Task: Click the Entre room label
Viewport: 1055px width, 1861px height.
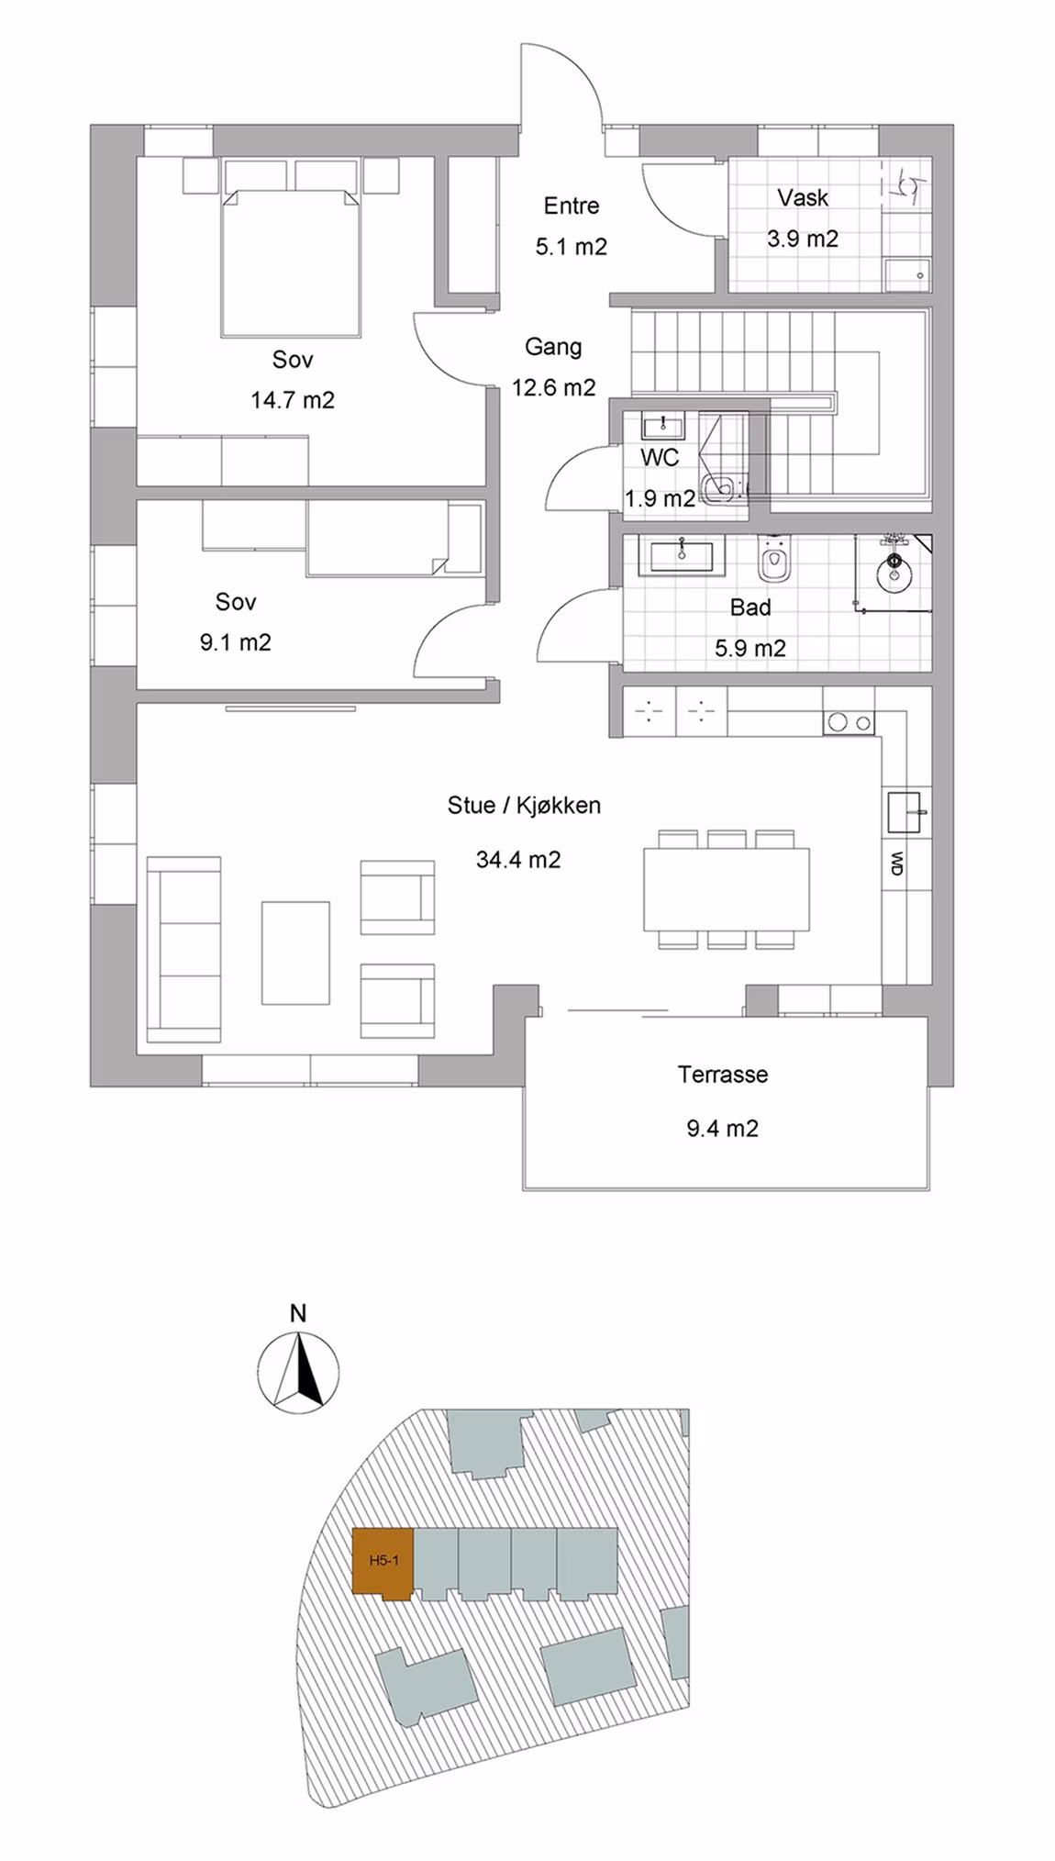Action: pyautogui.click(x=571, y=206)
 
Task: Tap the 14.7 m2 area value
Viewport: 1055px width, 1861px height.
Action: pyautogui.click(x=293, y=400)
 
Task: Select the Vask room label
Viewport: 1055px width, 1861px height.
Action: pyautogui.click(x=803, y=197)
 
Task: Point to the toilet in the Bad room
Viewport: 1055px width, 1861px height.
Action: pyautogui.click(x=775, y=559)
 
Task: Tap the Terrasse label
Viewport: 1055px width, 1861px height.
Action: pyautogui.click(x=723, y=1075)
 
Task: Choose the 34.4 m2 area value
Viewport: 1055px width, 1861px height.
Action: pyautogui.click(x=518, y=860)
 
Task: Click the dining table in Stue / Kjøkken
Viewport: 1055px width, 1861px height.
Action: pyautogui.click(x=727, y=889)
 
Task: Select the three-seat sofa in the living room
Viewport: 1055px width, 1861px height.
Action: pyautogui.click(x=183, y=949)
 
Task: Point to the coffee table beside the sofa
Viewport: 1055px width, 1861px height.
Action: pyautogui.click(x=295, y=953)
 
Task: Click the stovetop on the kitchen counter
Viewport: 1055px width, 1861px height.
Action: pyautogui.click(x=849, y=723)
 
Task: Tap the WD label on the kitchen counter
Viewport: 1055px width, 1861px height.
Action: pyautogui.click(x=897, y=863)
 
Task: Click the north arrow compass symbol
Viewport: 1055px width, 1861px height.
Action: pyautogui.click(x=298, y=1373)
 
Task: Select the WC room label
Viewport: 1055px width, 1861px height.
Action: pyautogui.click(x=660, y=457)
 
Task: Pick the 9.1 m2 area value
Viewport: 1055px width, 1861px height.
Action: pyautogui.click(x=236, y=642)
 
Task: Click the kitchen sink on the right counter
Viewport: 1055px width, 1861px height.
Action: pyautogui.click(x=907, y=812)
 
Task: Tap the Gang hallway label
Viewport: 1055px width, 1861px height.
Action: pyautogui.click(x=553, y=347)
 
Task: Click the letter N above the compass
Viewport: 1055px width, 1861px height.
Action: pyautogui.click(x=298, y=1313)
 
